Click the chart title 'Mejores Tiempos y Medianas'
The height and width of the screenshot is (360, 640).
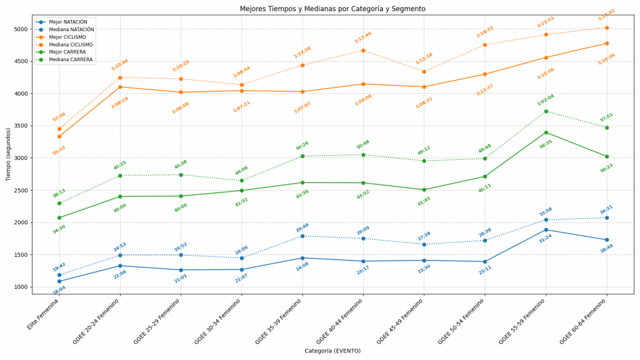332,9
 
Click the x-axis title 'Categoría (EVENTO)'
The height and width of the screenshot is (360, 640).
332,351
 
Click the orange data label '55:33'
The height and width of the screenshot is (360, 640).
59,150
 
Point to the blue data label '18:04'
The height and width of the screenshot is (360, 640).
59,289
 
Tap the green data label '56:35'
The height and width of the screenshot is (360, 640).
546,144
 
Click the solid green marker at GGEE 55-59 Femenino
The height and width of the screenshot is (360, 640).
546,132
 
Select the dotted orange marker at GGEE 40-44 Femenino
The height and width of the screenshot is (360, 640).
363,51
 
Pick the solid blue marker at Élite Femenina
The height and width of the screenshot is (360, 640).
59,281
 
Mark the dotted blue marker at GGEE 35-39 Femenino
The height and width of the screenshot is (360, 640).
302,236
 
